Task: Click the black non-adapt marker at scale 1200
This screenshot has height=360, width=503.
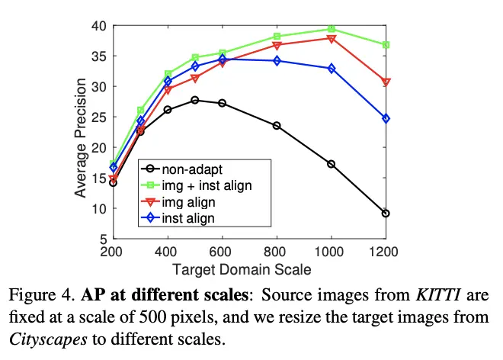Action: pos(386,214)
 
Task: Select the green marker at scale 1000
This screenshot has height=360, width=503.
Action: pos(332,29)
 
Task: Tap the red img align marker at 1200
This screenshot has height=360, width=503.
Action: pos(386,82)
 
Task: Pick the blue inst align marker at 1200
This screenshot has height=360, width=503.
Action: pos(386,118)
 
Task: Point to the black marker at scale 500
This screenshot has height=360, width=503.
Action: pos(195,100)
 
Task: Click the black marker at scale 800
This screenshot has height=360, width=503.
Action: pos(277,125)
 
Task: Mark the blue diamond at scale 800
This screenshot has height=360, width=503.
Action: pos(277,60)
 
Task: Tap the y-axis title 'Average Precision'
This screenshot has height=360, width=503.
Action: pos(81,132)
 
